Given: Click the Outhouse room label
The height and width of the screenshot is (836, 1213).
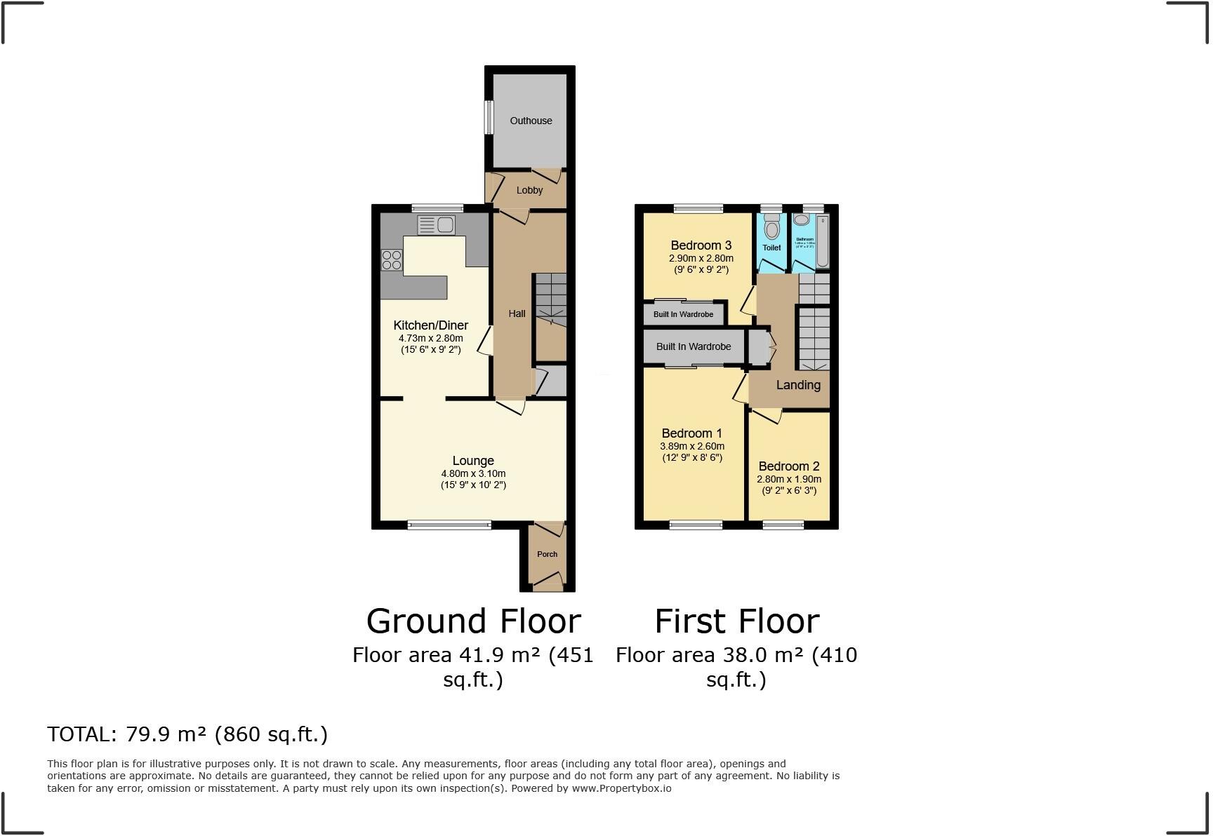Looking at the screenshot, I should click(531, 121).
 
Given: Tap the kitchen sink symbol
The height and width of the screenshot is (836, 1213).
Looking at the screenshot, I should click(436, 225).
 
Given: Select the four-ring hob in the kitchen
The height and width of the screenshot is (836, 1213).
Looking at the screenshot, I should click(392, 260).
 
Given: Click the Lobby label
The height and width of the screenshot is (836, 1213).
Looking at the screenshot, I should click(529, 190).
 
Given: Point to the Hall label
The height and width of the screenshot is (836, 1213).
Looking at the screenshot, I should click(517, 313).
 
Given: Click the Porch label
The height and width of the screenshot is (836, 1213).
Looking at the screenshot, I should click(547, 554).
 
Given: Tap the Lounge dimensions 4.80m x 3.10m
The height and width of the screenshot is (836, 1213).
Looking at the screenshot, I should click(473, 473).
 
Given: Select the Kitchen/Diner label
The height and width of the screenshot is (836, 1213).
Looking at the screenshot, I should click(430, 325).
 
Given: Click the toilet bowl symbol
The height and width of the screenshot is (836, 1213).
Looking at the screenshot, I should click(772, 228).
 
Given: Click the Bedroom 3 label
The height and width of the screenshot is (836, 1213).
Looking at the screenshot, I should click(701, 245).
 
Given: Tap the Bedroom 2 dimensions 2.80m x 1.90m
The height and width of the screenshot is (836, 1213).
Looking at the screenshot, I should click(788, 480).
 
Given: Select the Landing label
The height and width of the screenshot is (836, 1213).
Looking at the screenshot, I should click(798, 385).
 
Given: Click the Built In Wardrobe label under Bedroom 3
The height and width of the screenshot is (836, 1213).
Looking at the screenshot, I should click(683, 314).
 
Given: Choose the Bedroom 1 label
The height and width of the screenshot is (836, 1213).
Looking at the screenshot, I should click(691, 433).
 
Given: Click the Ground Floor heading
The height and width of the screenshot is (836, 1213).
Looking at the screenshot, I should click(473, 621).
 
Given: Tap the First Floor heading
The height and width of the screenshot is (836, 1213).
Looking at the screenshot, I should click(736, 621).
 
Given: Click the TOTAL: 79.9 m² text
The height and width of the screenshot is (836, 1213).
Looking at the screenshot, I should click(187, 734).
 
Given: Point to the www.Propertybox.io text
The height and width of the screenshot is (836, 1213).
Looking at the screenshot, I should click(621, 788).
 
